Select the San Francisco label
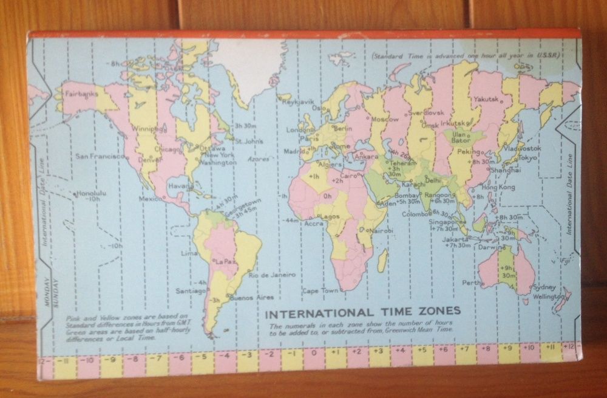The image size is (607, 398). pyautogui.click(x=100, y=156)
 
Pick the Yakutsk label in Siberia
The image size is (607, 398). pyautogui.click(x=486, y=98)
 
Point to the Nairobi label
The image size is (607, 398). pyautogui.click(x=381, y=231)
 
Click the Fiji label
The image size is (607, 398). pyautogui.click(x=565, y=261)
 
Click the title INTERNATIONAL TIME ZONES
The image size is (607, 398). pyautogui.click(x=364, y=312)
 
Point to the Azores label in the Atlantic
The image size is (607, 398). pyautogui.click(x=258, y=159)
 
